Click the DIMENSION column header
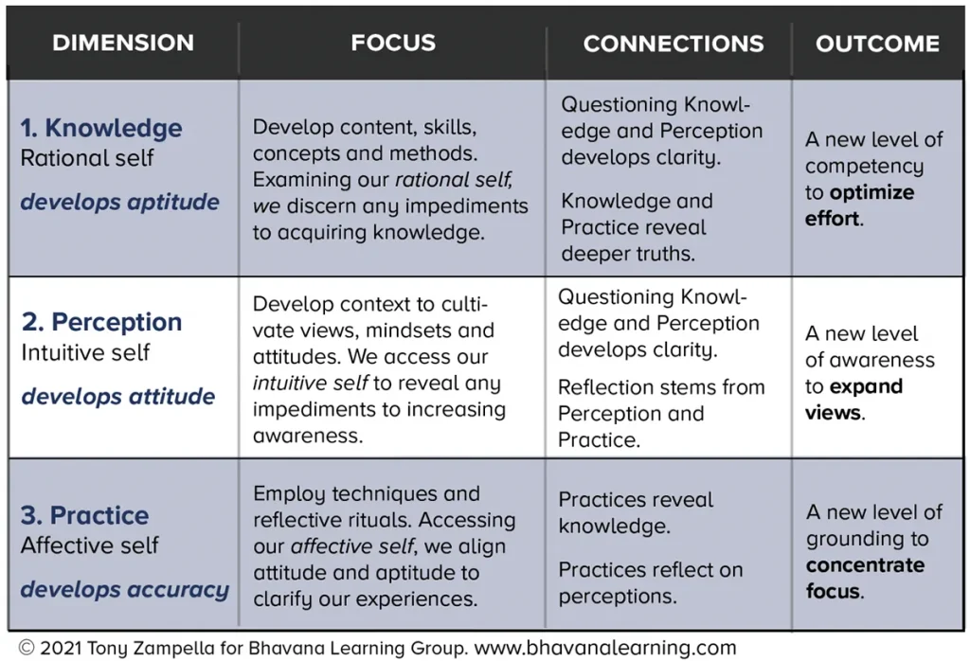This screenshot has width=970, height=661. point(123,43)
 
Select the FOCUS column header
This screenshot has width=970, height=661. point(393,43)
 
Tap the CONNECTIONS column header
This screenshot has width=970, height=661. point(674,44)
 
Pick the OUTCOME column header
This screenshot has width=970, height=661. point(877,44)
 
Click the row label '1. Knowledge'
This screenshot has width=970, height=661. point(101,128)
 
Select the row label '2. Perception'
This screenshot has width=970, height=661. point(101,322)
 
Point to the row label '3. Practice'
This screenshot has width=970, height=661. point(84,515)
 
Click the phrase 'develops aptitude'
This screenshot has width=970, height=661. point(120,203)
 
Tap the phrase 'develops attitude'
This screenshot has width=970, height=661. point(118,397)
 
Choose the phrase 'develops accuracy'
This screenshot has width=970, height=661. point(125,590)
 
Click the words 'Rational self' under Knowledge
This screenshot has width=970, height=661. point(87,158)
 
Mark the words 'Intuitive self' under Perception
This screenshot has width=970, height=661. point(85,352)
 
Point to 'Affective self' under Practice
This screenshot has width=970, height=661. point(90,545)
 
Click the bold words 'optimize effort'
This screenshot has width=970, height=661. point(859,205)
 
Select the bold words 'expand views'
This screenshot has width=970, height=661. point(853,400)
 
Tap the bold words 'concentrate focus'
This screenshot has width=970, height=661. point(866,579)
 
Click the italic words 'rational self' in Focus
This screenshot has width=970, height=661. point(454,179)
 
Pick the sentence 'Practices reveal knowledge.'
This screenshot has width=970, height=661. point(636,512)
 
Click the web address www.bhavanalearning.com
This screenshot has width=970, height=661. point(605,648)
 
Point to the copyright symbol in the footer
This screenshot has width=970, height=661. point(27,648)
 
